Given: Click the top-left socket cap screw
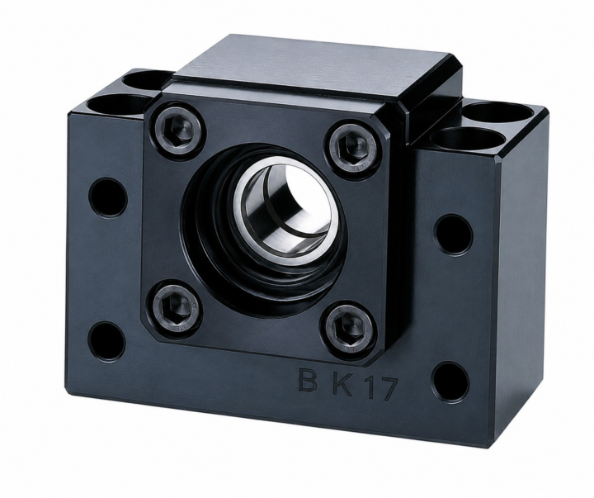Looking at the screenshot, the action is [x=178, y=131].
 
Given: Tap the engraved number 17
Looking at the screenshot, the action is [x=380, y=389].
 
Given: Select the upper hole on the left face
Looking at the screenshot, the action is [x=108, y=197].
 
